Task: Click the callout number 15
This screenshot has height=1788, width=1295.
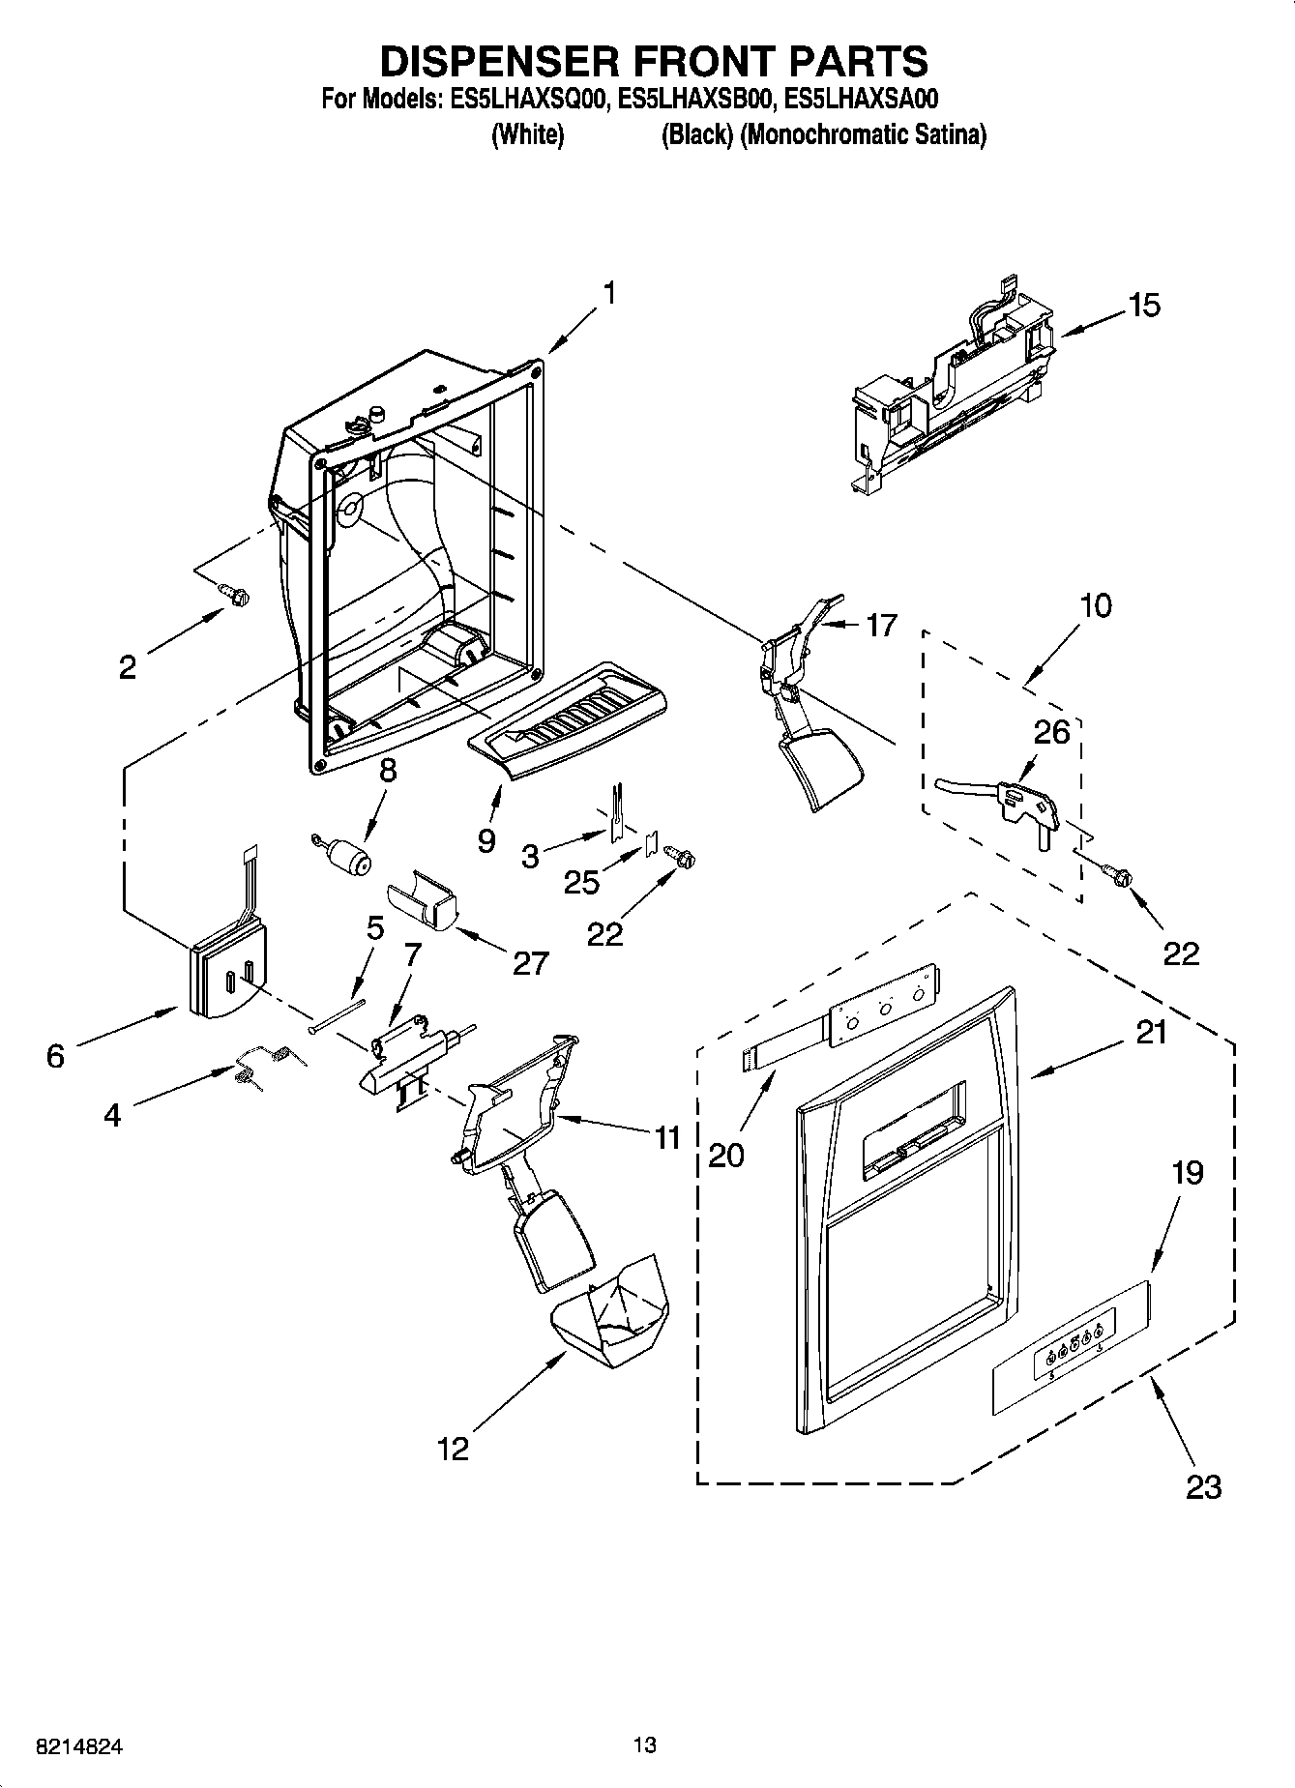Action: click(1143, 306)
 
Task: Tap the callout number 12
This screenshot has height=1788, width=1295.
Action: click(453, 1449)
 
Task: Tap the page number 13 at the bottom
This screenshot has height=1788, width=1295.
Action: click(645, 1744)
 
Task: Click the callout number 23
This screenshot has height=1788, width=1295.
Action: click(1204, 1485)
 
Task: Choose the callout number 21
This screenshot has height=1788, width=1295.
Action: click(1151, 1033)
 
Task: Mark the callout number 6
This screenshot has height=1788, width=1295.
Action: click(55, 1056)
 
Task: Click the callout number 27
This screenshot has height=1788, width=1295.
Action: click(530, 962)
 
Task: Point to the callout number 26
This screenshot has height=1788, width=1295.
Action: click(1052, 732)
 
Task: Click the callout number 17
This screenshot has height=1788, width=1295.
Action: click(881, 626)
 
